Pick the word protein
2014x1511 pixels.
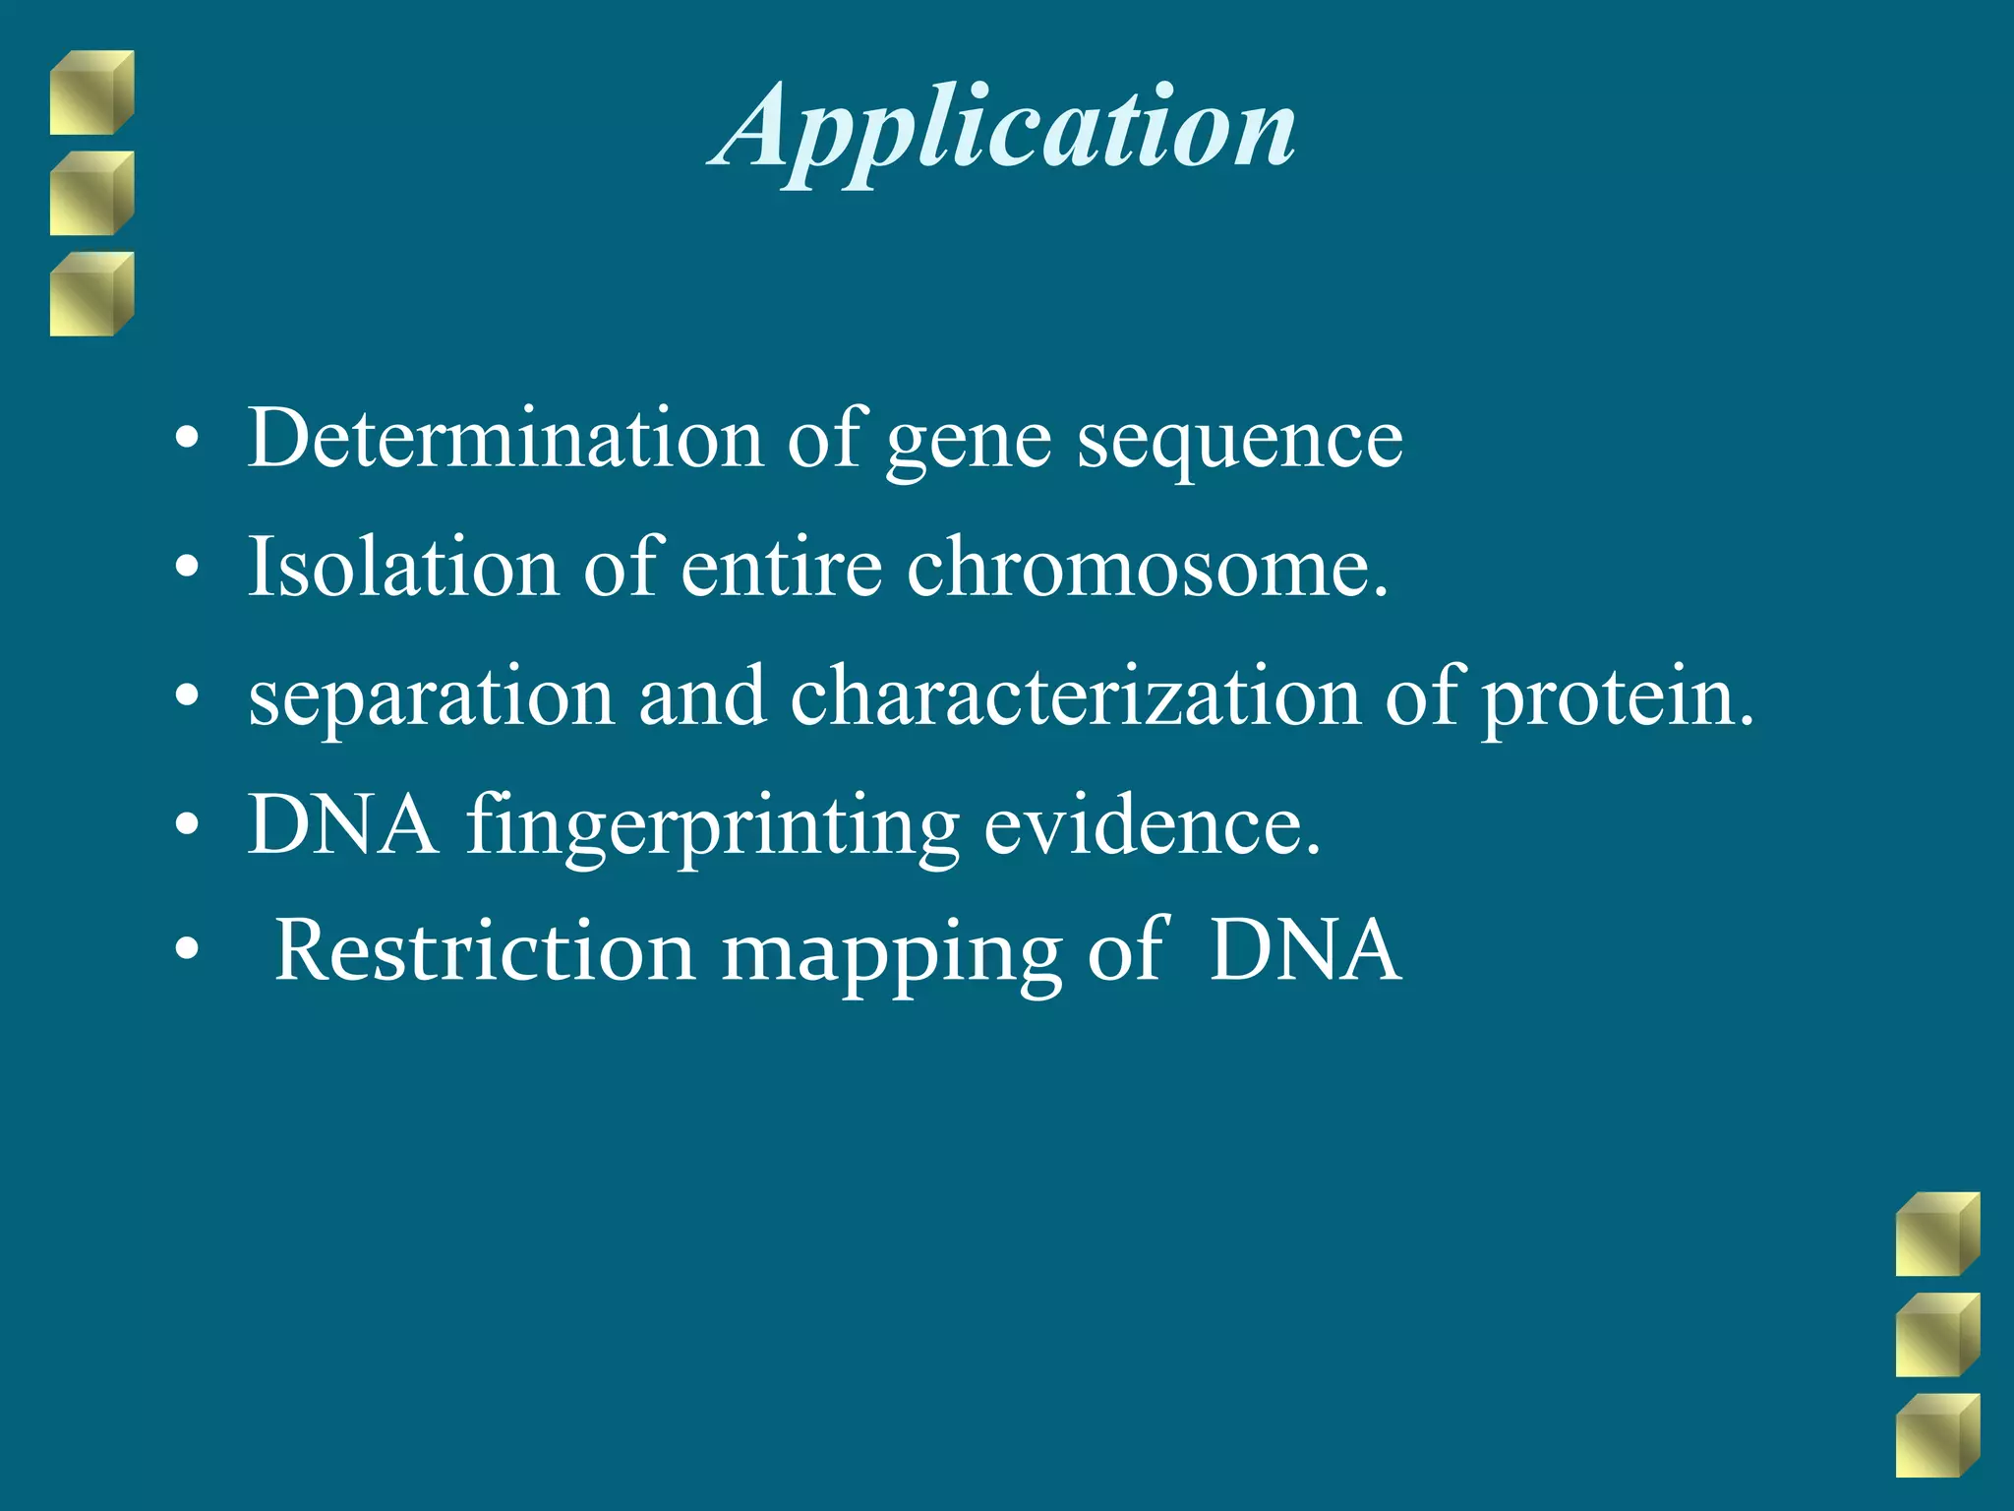tap(1617, 699)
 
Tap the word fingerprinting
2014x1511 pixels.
tap(712, 826)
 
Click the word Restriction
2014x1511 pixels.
tap(485, 950)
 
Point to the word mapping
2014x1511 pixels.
tap(891, 954)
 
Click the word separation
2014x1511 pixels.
tap(431, 697)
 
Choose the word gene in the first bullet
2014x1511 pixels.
tap(969, 442)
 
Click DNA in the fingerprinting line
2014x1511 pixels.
tap(342, 824)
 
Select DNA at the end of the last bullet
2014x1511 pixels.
tap(1304, 950)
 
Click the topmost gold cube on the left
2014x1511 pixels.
tap(91, 92)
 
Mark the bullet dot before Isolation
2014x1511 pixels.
tap(187, 568)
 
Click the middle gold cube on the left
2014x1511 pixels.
tap(91, 193)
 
